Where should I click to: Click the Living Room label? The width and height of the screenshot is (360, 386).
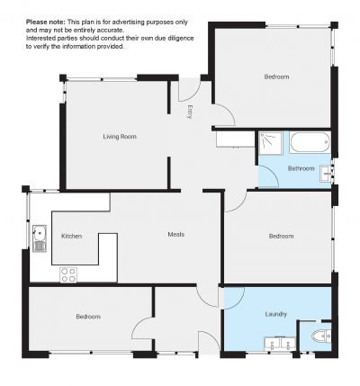[x=120, y=137]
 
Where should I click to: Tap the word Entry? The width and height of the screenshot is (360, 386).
[x=189, y=112]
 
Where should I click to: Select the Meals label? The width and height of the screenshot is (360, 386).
[x=176, y=234]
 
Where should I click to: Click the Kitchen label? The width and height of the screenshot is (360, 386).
[x=71, y=236]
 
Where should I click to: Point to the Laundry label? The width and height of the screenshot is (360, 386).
[x=276, y=314]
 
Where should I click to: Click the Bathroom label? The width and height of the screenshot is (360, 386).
[x=301, y=168]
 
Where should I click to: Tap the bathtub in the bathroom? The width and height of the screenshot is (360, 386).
[x=310, y=142]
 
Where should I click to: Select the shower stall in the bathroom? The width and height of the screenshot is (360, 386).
[x=271, y=143]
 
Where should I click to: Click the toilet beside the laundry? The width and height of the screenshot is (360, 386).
[x=321, y=336]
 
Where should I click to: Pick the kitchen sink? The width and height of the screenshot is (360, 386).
[x=40, y=238]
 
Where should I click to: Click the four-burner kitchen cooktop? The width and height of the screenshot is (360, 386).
[x=68, y=274]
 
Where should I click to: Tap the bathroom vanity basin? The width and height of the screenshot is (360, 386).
[x=326, y=174]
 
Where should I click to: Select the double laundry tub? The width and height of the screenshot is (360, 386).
[x=280, y=344]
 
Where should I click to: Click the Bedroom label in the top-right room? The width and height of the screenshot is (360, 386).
[x=276, y=76]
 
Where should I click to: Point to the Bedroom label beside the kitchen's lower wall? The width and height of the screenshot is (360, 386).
[x=88, y=317]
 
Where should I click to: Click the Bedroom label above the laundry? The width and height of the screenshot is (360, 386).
[x=281, y=236]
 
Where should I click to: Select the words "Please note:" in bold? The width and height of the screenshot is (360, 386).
[x=45, y=22]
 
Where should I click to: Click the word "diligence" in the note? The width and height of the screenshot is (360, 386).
[x=181, y=39]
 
